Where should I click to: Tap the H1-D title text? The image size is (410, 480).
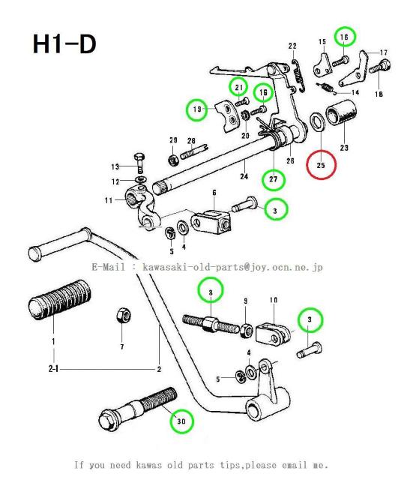pos(64,44)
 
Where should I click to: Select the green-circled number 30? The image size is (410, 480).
pos(181,421)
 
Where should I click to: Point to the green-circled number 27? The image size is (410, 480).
pos(274,179)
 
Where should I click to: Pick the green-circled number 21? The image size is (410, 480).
pos(239,88)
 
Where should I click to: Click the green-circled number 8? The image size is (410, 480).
pos(211,290)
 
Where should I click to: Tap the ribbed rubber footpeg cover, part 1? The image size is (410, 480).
pos(60,300)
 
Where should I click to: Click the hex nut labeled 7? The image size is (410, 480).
pos(124,316)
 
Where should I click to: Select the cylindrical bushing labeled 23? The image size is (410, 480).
pos(341,112)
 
